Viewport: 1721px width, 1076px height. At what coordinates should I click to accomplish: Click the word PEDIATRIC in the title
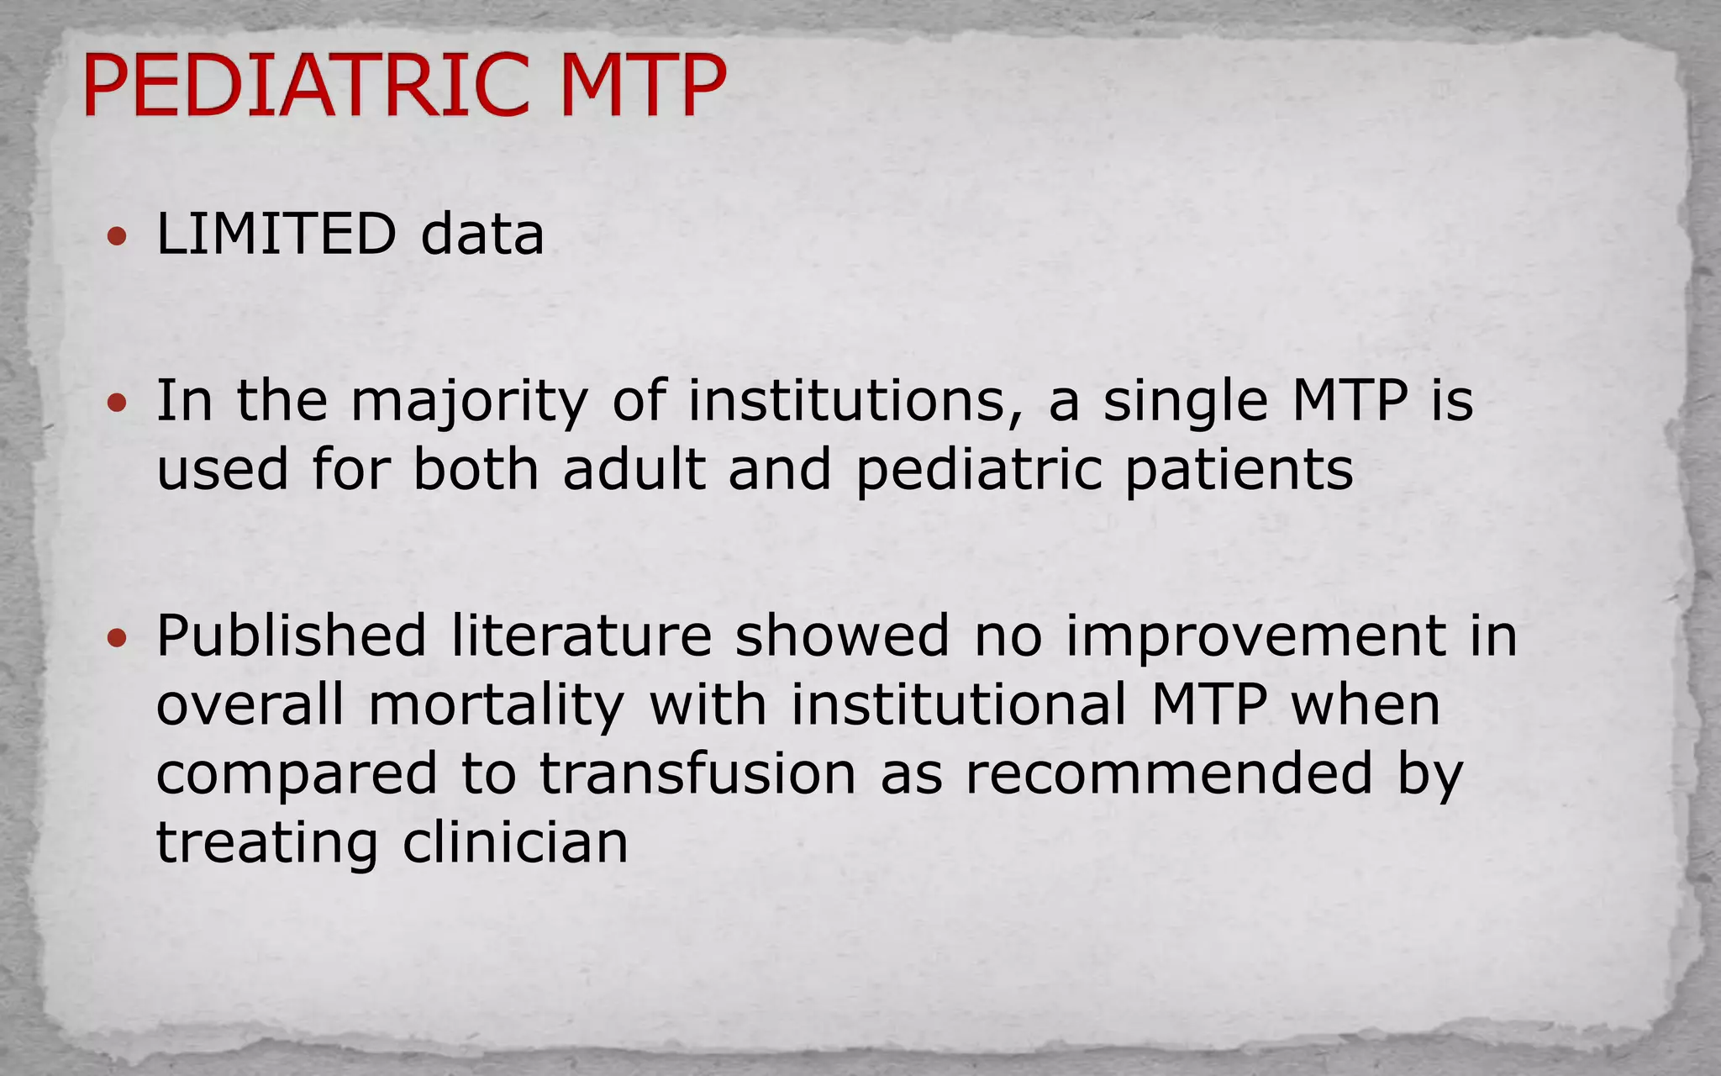308,86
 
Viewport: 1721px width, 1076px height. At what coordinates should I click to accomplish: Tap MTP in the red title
642,86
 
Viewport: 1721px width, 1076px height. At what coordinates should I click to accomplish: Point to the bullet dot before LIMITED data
118,236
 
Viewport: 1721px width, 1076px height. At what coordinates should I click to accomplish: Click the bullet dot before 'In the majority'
118,403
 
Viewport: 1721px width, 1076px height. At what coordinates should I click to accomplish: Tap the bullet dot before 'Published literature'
118,638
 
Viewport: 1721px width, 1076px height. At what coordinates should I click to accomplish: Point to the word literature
582,636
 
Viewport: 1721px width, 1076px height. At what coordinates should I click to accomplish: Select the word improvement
1255,637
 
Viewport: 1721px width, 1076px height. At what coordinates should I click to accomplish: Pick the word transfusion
697,773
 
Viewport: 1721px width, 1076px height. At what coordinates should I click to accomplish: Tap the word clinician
515,842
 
